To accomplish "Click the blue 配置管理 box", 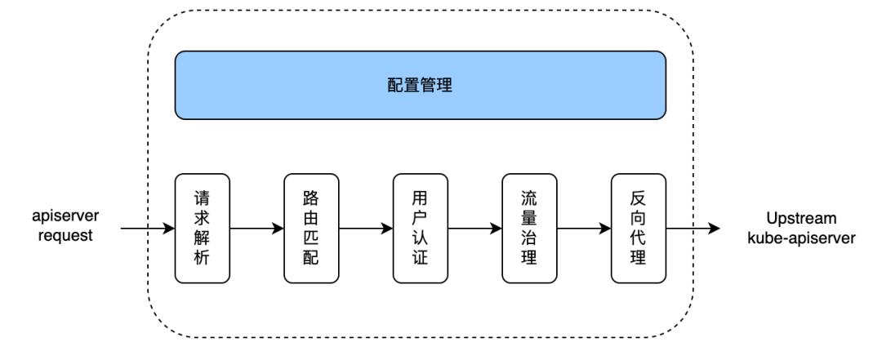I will (x=420, y=85).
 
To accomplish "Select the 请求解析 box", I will (x=203, y=229).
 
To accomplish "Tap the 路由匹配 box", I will (x=311, y=229).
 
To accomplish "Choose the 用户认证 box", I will (x=420, y=229).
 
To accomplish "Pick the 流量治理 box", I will (x=529, y=229).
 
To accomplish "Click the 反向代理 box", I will (x=639, y=229).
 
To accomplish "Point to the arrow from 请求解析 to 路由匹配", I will (x=256, y=229).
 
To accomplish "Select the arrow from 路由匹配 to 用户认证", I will (x=365, y=229).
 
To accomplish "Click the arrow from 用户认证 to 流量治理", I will (x=474, y=229).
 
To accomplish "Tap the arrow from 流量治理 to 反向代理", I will (x=584, y=229).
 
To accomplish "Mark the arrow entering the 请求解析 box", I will (x=147, y=229).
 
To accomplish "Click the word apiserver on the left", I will (x=66, y=219).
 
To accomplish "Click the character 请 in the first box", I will (x=203, y=198).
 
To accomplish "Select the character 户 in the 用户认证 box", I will (x=420, y=219).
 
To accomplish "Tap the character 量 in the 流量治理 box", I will (x=529, y=219).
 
